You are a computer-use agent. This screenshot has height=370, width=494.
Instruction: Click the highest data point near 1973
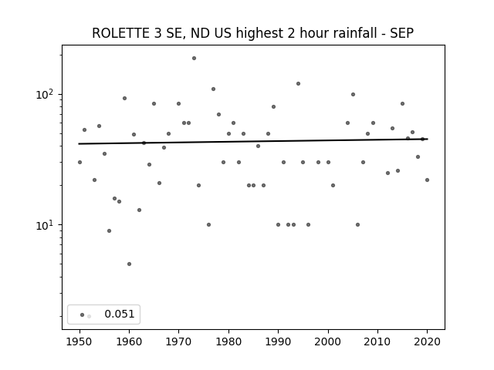(x=194, y=59)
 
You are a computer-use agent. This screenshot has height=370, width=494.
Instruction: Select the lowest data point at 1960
(x=129, y=264)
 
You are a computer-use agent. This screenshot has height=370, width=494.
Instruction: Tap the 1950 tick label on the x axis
(x=80, y=341)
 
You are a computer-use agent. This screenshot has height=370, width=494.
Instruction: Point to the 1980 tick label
(x=228, y=341)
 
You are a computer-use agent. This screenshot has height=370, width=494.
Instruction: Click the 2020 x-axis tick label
(x=427, y=341)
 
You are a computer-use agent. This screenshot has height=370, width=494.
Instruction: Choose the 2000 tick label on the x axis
(x=328, y=341)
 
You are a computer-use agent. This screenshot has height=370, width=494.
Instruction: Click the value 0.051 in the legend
(x=120, y=314)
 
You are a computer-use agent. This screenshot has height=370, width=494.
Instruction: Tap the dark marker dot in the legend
(x=83, y=314)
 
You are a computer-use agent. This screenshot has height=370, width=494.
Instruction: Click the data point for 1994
(x=298, y=84)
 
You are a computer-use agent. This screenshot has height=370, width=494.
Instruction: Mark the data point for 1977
(x=213, y=89)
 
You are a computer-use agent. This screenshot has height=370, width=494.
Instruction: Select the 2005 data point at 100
(x=353, y=94)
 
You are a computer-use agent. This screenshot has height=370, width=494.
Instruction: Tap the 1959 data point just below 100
(x=124, y=98)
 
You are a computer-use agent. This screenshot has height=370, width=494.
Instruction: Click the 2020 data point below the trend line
(x=427, y=180)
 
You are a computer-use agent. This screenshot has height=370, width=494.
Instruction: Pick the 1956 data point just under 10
(x=109, y=231)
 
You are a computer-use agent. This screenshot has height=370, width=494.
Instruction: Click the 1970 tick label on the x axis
(x=179, y=341)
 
